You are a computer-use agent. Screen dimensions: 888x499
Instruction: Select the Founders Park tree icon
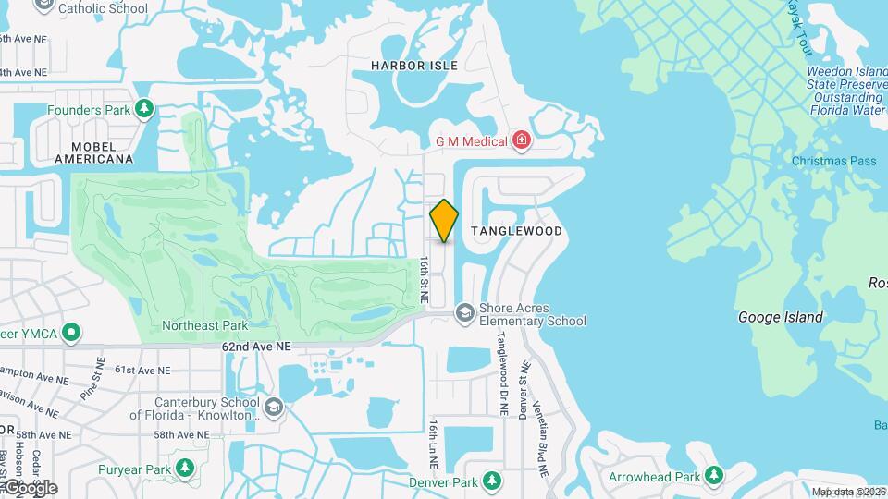(143, 110)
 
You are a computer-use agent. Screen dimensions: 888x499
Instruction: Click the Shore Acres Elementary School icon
(464, 313)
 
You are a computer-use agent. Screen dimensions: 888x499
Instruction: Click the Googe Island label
(780, 317)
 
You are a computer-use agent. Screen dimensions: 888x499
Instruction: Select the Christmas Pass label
(833, 161)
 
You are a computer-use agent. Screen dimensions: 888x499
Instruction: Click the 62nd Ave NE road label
(256, 347)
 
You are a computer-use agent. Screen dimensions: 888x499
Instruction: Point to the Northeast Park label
(205, 325)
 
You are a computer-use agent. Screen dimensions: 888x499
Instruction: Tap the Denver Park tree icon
(492, 481)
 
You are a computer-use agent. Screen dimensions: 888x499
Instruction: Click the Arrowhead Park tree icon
(713, 476)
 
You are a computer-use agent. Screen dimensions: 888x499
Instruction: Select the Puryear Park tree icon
(185, 469)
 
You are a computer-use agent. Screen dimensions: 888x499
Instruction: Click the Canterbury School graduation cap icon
(274, 407)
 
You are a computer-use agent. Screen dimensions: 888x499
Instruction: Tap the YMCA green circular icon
(70, 333)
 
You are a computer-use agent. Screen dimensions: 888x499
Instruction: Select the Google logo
(30, 487)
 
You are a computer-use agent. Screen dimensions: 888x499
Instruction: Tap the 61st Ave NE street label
(142, 370)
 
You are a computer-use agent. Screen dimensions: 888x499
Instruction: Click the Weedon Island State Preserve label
(845, 91)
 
